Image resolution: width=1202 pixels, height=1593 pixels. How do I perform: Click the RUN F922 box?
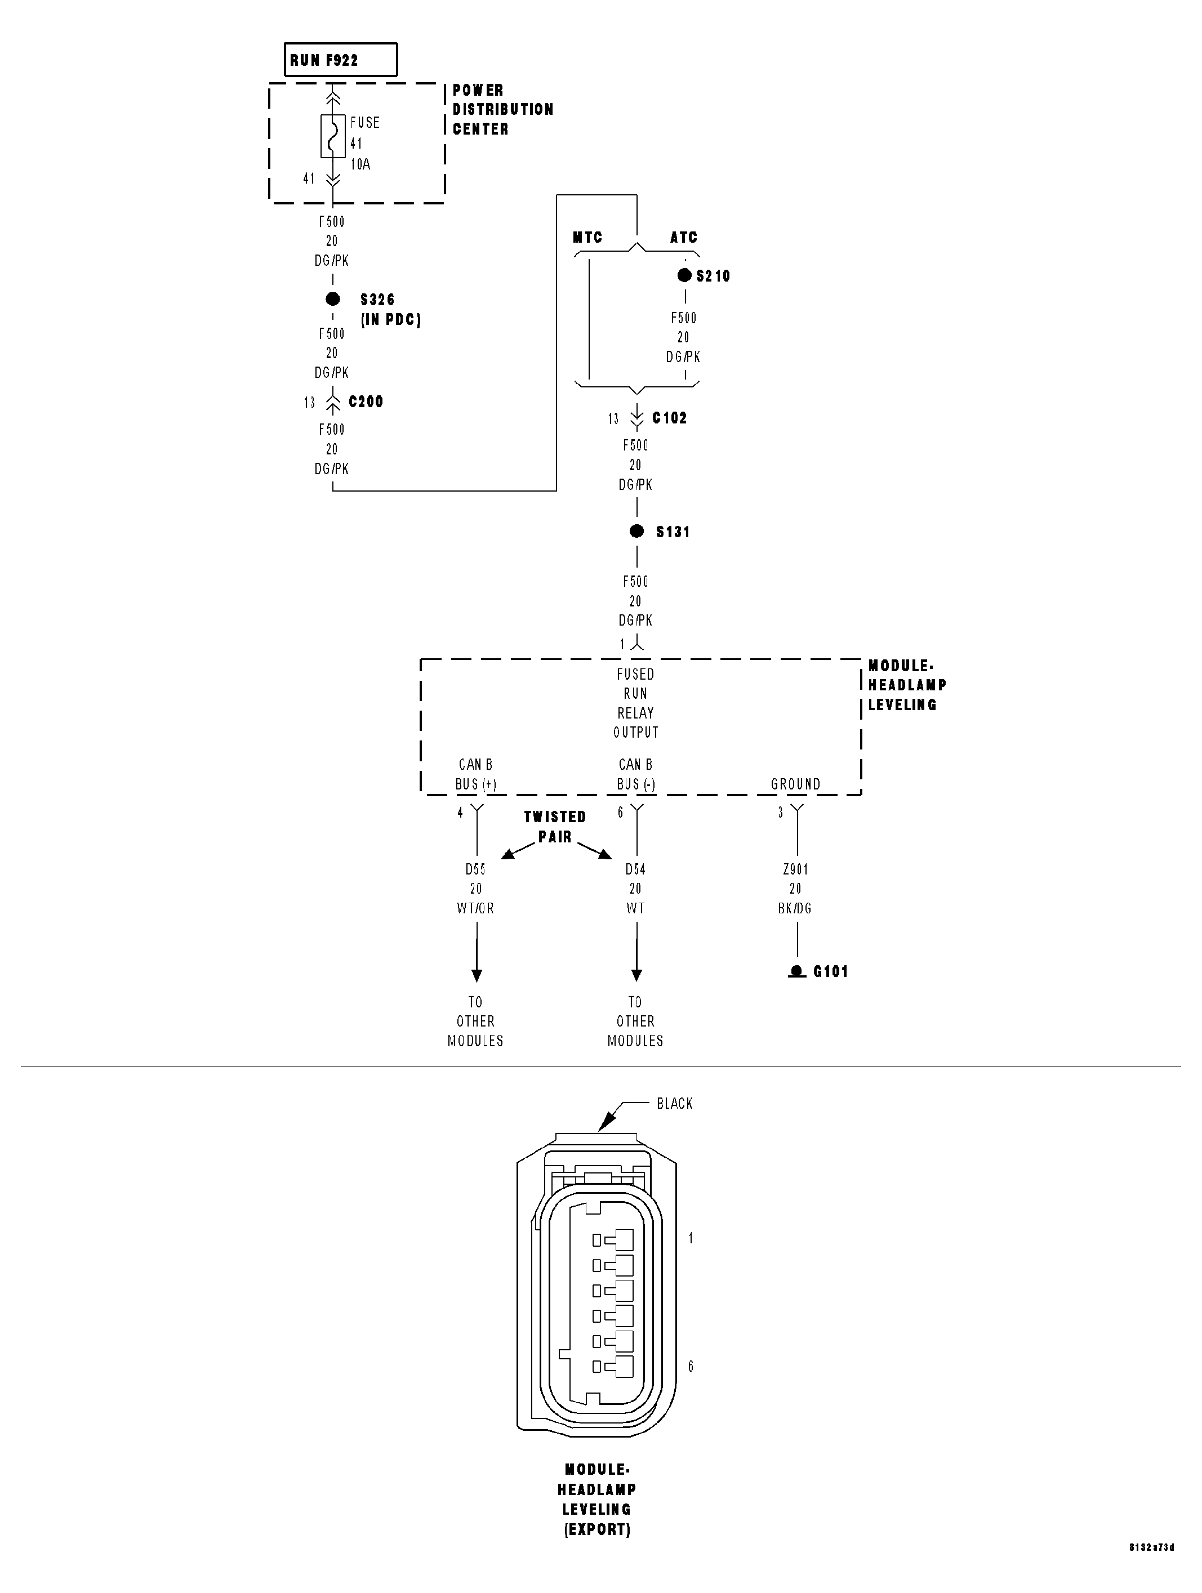340,60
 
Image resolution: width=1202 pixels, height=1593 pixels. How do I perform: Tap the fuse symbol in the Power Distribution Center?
333,136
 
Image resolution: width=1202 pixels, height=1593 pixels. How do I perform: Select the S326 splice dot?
333,299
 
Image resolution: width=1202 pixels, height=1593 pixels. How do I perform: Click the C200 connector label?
366,402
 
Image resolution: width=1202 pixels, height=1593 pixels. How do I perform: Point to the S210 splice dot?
684,275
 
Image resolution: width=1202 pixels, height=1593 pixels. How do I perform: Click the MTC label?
587,238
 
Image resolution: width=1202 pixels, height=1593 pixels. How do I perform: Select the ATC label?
683,238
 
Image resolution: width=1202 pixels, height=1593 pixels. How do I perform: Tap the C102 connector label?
670,418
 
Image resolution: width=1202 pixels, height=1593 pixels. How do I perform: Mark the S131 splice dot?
636,532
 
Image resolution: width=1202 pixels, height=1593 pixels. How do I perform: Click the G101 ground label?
830,971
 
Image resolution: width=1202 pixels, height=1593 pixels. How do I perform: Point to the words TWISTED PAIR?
555,827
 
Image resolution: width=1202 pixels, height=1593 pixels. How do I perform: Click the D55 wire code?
475,869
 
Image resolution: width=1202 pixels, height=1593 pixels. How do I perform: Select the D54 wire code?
635,869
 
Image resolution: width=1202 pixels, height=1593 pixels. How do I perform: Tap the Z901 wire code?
795,869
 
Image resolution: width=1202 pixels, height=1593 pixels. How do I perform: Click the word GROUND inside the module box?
795,783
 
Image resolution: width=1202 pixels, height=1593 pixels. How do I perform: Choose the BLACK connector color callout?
674,1103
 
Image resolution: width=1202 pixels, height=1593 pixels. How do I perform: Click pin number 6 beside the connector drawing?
691,1366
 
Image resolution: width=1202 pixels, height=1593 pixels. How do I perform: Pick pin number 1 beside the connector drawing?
691,1238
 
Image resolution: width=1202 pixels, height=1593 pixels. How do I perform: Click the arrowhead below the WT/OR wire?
476,975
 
